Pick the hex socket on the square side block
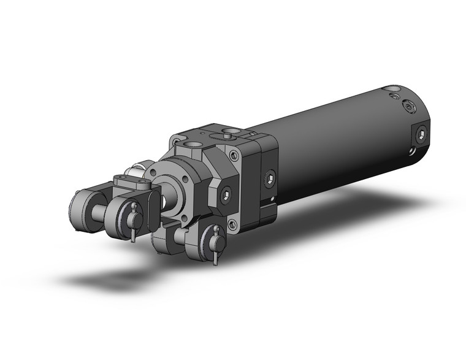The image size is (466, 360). (270, 179)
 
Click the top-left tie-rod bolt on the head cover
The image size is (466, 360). (177, 142)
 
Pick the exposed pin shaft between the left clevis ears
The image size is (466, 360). (98, 215)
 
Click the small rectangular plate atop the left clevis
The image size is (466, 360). (131, 181)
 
